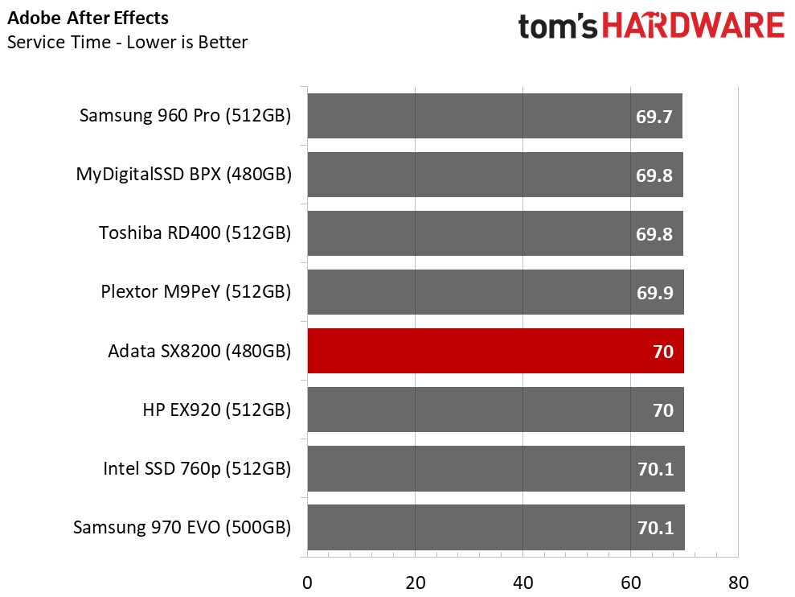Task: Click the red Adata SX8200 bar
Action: [495, 351]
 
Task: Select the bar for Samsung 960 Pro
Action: [495, 116]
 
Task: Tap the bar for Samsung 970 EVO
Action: [496, 528]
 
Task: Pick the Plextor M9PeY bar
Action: [495, 292]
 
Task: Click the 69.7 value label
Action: [654, 117]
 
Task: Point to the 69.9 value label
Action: [655, 293]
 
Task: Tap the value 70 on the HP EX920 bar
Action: [663, 410]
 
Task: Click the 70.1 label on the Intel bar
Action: [656, 469]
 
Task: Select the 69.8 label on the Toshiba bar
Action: [654, 234]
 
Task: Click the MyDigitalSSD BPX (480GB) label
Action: [184, 175]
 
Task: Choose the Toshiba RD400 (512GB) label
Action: [195, 233]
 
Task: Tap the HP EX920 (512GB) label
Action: [217, 410]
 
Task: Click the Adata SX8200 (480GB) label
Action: [200, 351]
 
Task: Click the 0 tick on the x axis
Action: [307, 583]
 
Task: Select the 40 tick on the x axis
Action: [522, 583]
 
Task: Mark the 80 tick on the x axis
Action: [738, 583]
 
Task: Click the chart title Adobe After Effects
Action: [88, 19]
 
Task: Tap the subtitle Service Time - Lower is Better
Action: [128, 42]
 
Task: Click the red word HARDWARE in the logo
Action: [693, 26]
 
